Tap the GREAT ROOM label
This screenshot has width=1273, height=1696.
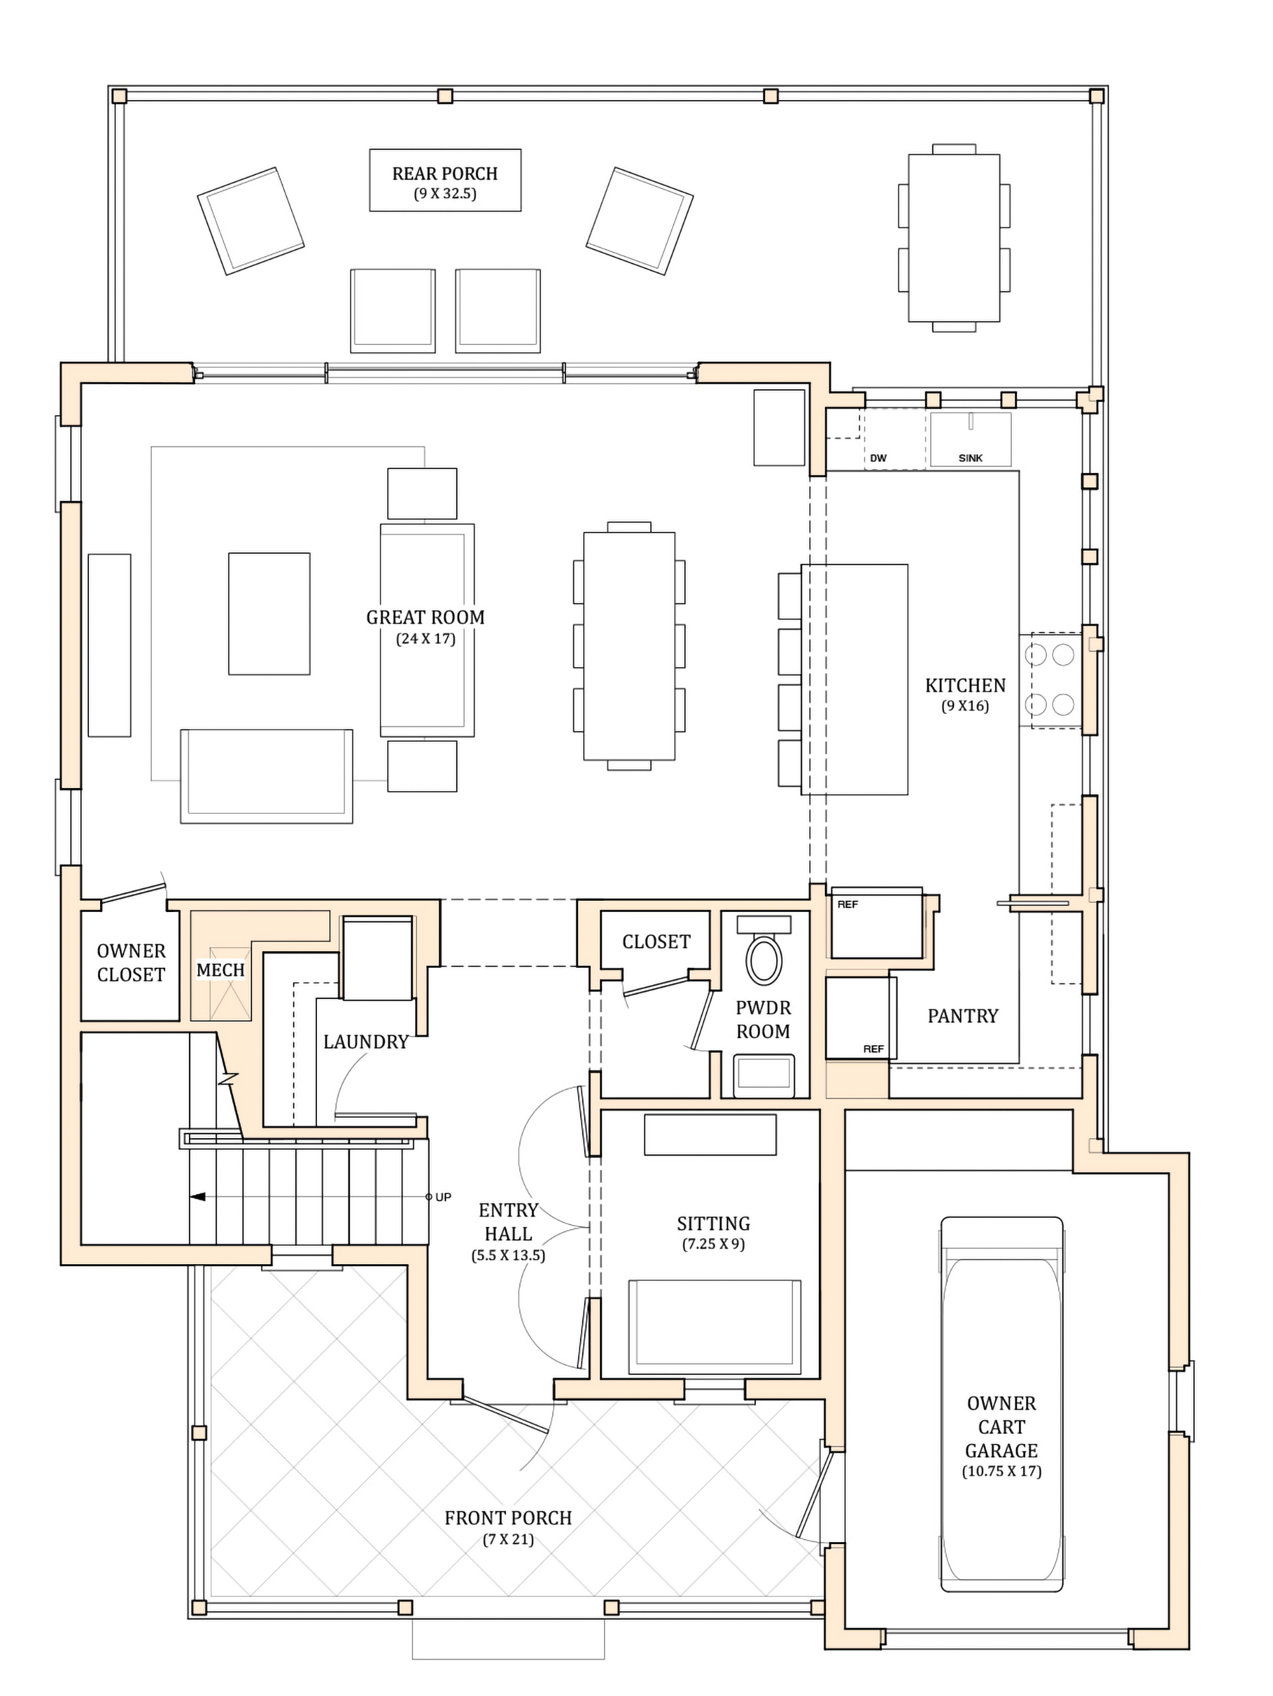426,618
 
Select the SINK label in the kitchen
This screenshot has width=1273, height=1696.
970,458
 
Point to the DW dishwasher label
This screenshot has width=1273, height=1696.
879,458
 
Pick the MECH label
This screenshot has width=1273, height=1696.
221,970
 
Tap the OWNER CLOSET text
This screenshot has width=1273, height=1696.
131,963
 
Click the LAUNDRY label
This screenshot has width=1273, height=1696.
365,1041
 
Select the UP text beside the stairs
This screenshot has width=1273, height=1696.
443,1197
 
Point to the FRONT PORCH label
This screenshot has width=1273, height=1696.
508,1518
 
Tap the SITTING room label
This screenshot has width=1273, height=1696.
713,1223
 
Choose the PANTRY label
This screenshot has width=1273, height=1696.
963,1016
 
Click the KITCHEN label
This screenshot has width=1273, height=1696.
965,685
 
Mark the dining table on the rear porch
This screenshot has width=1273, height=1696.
954,237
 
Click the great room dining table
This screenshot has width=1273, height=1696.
629,646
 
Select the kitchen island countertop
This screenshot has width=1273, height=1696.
855,679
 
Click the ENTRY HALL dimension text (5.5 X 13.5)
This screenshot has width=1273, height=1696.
508,1256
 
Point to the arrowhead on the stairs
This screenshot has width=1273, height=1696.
198,1197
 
